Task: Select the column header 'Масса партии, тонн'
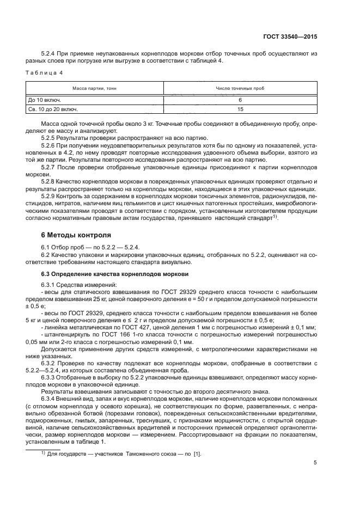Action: point(95,88)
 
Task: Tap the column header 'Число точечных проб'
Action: point(240,88)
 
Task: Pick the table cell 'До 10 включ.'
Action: point(45,100)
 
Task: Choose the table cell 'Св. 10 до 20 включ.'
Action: point(53,109)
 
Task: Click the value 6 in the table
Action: point(240,100)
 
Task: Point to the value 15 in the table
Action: point(240,109)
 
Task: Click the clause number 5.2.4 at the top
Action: point(49,53)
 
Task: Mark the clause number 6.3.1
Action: point(49,284)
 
